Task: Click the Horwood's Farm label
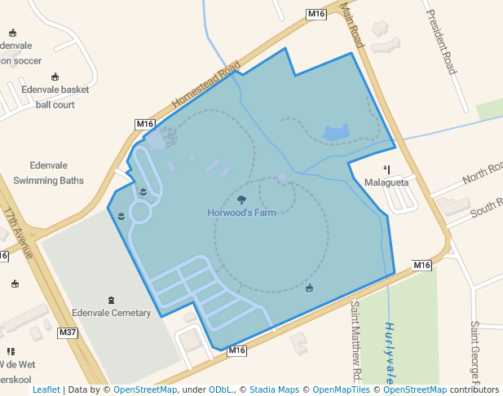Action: tap(241, 213)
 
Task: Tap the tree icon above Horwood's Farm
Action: tap(241, 199)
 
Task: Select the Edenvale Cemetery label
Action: tap(111, 313)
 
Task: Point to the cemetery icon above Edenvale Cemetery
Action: tap(111, 300)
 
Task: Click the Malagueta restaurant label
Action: tap(386, 183)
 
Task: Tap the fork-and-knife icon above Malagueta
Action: tap(386, 169)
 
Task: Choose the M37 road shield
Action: tap(68, 332)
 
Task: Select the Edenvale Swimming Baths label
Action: tap(48, 173)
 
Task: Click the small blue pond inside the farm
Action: tap(336, 132)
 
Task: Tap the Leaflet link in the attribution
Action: tap(46, 389)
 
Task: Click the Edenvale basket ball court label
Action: tap(55, 97)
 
